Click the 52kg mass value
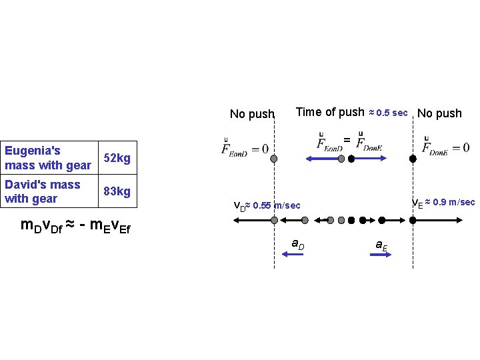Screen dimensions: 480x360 pos(117,159)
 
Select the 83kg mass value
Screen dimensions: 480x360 pos(117,192)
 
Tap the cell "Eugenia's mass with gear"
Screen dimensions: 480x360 pos(48,158)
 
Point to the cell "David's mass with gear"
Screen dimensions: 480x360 pos(43,191)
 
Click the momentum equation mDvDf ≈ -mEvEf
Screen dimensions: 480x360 pos(76,226)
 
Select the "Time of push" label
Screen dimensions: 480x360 pos(330,112)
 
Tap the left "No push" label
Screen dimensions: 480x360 pos(252,114)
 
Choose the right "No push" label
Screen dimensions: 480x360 pos(439,113)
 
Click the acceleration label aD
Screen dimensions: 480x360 pos(298,244)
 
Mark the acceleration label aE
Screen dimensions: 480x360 pos(381,245)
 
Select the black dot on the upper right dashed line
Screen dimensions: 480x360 pos(413,159)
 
